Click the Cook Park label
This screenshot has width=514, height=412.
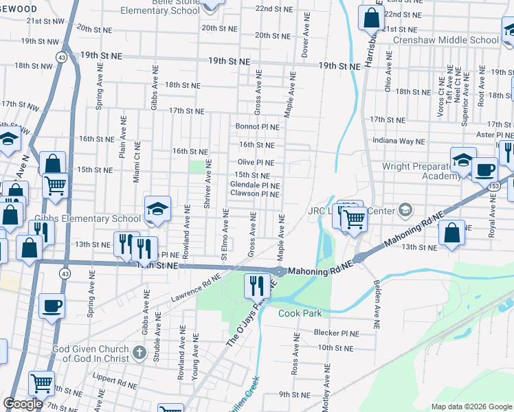click(300, 313)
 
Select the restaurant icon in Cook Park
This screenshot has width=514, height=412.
click(257, 285)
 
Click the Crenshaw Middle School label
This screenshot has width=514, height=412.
click(445, 40)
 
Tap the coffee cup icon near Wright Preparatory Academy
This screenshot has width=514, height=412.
click(484, 169)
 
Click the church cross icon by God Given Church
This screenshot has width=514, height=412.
click(139, 354)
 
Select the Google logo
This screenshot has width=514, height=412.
click(23, 404)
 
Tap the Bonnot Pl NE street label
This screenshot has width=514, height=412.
click(258, 127)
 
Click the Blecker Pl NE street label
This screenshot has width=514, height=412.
click(337, 333)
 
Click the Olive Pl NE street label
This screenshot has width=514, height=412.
click(256, 163)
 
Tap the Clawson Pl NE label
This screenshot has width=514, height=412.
click(254, 194)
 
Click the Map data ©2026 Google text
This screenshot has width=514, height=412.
click(471, 407)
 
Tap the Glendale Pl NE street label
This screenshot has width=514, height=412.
click(254, 185)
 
